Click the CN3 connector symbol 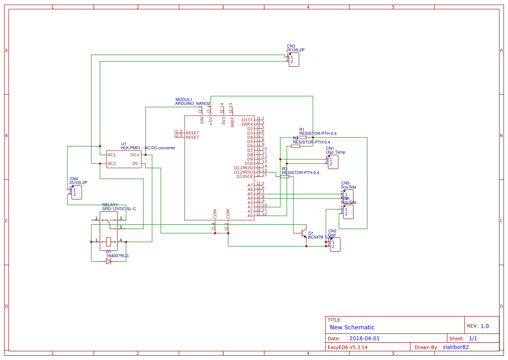pyautogui.click(x=294, y=60)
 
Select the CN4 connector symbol pyautogui.click(x=76, y=192)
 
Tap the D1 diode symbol pyautogui.click(x=109, y=261)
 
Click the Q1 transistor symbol pyautogui.click(x=304, y=233)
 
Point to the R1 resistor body pyautogui.click(x=302, y=137)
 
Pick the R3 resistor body pyautogui.click(x=285, y=177)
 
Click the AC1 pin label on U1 pyautogui.click(x=112, y=155)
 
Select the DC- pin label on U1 pyautogui.click(x=136, y=163)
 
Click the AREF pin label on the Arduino pyautogui.click(x=232, y=121)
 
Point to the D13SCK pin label pyautogui.click(x=244, y=177)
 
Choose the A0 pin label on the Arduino pyautogui.click(x=250, y=216)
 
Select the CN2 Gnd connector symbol pyautogui.click(x=335, y=244)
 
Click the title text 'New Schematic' pyautogui.click(x=352, y=327)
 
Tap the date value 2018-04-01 pyautogui.click(x=364, y=338)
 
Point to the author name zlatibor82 pyautogui.click(x=455, y=347)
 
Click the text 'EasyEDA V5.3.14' pyautogui.click(x=347, y=347)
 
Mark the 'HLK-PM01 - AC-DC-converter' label pyautogui.click(x=148, y=148)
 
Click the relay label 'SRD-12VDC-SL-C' pyautogui.click(x=119, y=209)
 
